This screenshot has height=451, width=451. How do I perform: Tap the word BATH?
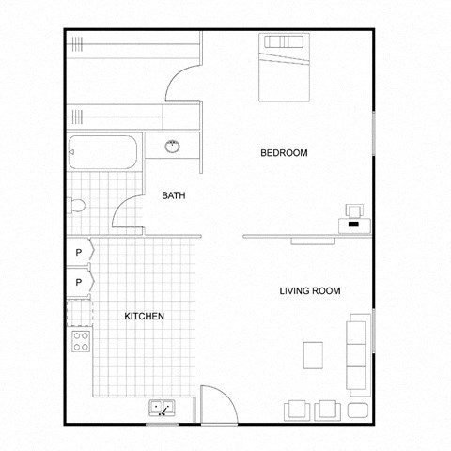tap(174, 196)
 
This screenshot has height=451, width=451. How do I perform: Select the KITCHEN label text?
tap(145, 317)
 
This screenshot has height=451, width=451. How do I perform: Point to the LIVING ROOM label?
tap(309, 291)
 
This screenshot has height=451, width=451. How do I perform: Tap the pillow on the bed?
tap(285, 42)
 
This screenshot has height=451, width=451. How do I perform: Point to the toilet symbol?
tap(78, 206)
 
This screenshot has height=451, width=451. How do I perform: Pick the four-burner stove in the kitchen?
tap(82, 340)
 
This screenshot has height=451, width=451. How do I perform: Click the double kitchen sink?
tap(162, 409)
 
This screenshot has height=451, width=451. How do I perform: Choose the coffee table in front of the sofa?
tap(314, 355)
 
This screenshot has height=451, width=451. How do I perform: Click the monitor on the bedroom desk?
tap(354, 212)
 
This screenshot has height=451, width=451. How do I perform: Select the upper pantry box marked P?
tap(79, 254)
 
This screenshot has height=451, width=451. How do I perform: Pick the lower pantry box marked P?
tap(79, 282)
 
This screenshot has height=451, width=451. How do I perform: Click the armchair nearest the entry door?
tap(298, 409)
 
